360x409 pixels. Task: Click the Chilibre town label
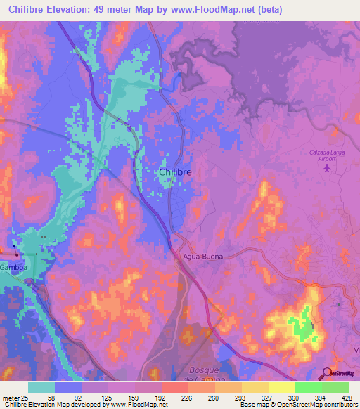tap(175, 172)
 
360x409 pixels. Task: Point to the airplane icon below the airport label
tap(324, 172)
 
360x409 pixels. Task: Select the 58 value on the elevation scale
tap(54, 397)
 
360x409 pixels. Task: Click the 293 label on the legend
tap(215, 397)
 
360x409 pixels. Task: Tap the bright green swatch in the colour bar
tap(308, 387)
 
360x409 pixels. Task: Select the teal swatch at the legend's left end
tap(41, 387)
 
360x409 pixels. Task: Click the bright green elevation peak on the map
tap(306, 316)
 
